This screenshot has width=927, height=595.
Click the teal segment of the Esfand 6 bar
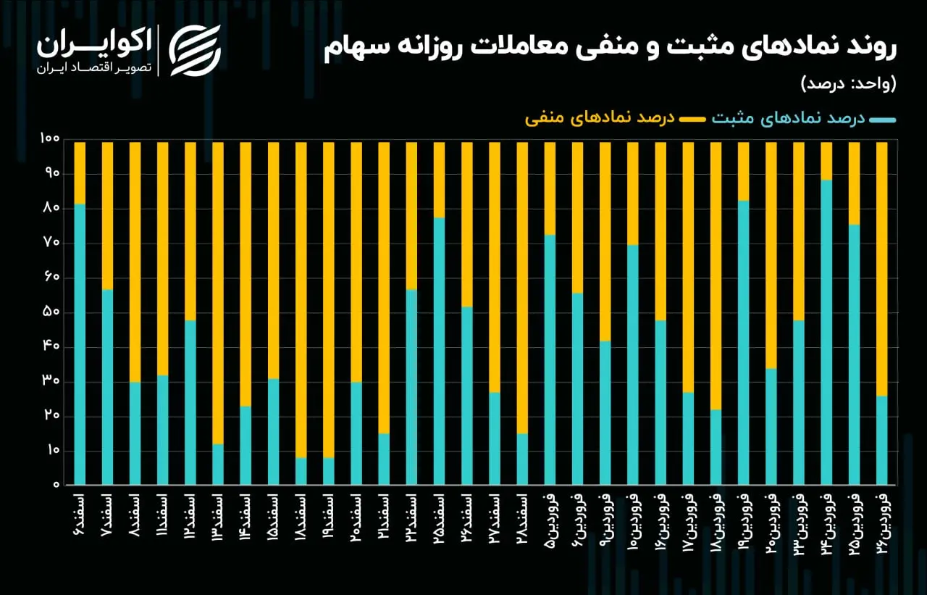click(x=80, y=344)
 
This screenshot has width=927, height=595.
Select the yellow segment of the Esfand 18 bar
click(x=301, y=300)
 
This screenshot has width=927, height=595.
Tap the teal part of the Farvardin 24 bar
click(x=826, y=332)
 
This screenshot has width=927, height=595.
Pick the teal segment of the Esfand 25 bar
click(x=439, y=351)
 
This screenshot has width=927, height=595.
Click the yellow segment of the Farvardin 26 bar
click(x=882, y=269)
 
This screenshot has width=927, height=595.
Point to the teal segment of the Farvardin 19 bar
click(x=743, y=342)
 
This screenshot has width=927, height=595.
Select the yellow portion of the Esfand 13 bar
click(x=218, y=294)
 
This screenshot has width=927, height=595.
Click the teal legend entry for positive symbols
click(x=804, y=120)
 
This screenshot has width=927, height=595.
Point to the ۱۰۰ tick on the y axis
click(x=50, y=138)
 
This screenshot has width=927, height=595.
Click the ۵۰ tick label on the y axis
click(x=51, y=312)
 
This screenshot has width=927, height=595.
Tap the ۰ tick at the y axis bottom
click(x=56, y=485)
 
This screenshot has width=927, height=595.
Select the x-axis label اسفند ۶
click(x=79, y=515)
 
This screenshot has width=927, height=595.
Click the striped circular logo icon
click(x=195, y=51)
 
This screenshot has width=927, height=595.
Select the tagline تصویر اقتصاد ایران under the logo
click(x=94, y=68)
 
